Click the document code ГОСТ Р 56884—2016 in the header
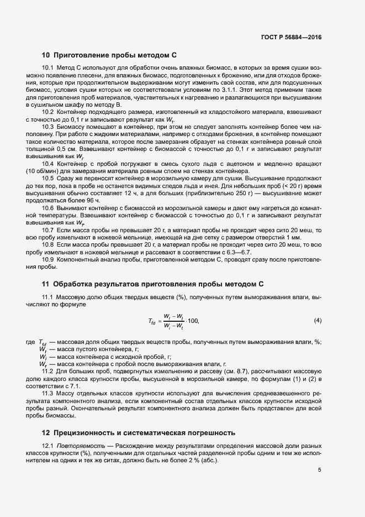291,37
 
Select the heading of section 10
109,55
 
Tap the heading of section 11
153,284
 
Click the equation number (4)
318,321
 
